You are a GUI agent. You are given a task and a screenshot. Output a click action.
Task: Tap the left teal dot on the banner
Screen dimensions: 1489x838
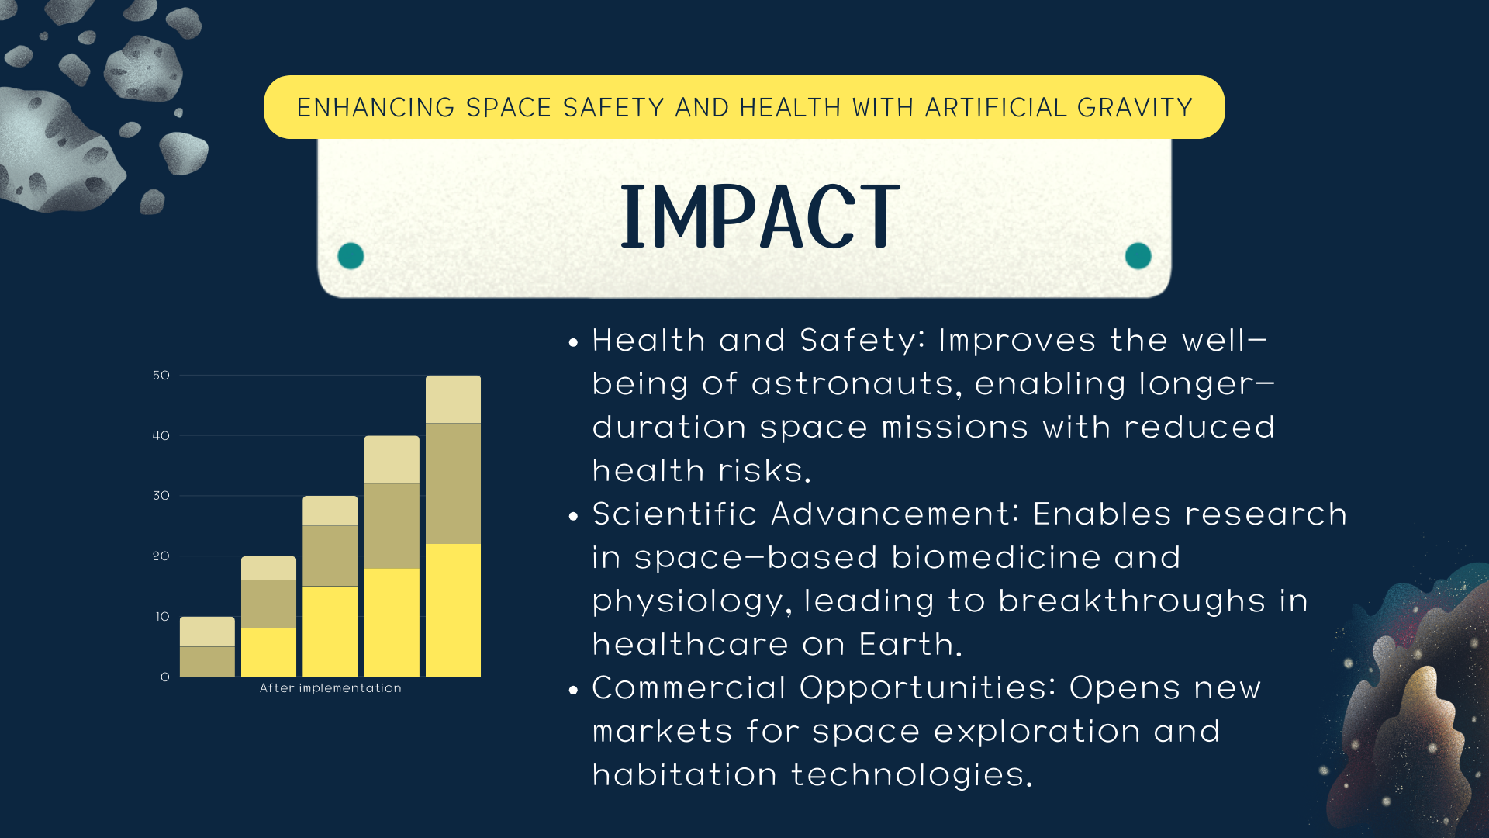pyautogui.click(x=351, y=255)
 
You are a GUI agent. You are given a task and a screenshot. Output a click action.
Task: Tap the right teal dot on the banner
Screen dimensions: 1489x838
pyautogui.click(x=1138, y=255)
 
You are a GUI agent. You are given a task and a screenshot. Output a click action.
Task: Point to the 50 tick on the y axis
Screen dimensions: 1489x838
pyautogui.click(x=161, y=376)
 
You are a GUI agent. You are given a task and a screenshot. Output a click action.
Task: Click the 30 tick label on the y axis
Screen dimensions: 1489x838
pyautogui.click(x=161, y=496)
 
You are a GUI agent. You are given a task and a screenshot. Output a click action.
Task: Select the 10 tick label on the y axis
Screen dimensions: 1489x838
pyautogui.click(x=162, y=617)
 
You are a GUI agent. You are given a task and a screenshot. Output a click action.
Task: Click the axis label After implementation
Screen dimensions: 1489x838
pyautogui.click(x=330, y=688)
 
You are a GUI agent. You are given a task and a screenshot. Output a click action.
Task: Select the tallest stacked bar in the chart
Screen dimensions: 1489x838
pyautogui.click(x=453, y=526)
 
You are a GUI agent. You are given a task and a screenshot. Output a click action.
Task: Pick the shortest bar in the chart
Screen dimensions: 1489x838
pyautogui.click(x=207, y=646)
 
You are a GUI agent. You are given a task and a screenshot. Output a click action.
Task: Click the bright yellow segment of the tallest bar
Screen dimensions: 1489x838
pyautogui.click(x=453, y=610)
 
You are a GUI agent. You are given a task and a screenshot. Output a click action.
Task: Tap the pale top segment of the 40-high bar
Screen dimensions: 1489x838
pyautogui.click(x=392, y=459)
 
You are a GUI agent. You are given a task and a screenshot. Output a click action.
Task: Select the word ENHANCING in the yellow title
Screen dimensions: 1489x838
pyautogui.click(x=375, y=107)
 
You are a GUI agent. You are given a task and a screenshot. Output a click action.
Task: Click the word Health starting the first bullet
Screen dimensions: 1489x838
pyautogui.click(x=649, y=340)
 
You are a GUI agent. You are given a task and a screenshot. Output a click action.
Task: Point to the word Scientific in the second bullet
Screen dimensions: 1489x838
pyautogui.click(x=675, y=514)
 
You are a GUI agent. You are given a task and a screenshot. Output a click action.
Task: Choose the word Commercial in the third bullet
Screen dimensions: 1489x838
pyautogui.click(x=689, y=687)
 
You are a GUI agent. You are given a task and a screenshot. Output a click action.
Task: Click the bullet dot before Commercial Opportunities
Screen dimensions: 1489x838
pyautogui.click(x=574, y=690)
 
